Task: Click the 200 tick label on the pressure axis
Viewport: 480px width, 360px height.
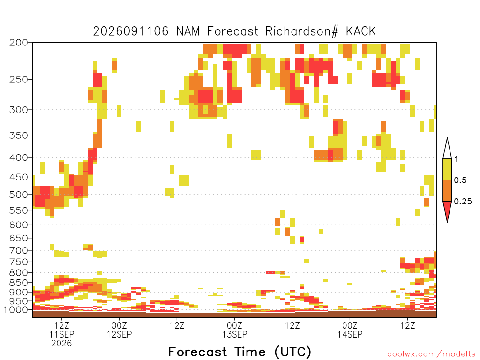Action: tap(18, 43)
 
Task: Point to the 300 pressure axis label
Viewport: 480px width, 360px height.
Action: tap(18, 110)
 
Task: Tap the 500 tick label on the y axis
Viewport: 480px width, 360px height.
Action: tap(18, 195)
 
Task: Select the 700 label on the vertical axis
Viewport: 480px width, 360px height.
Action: tap(18, 250)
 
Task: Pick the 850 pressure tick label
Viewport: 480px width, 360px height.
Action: tap(18, 283)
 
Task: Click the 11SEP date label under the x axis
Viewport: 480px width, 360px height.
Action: tap(61, 334)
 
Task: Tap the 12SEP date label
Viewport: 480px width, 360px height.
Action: tap(119, 334)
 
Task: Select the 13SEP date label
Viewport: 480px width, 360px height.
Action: tap(234, 334)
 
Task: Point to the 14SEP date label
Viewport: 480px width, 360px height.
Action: tap(350, 334)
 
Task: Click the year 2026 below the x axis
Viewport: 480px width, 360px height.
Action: tap(61, 343)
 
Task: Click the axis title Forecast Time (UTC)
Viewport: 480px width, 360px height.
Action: tap(240, 352)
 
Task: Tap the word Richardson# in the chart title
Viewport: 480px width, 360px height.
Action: tap(302, 31)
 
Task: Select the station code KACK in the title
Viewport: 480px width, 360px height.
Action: tap(361, 31)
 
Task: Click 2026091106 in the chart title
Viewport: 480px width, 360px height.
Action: tap(131, 31)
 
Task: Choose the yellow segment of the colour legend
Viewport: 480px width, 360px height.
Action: tap(447, 169)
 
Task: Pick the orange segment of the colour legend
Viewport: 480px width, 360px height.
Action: tap(447, 190)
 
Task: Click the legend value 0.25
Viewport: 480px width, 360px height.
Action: tap(463, 202)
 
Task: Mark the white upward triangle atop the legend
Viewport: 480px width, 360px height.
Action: tap(447, 149)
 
